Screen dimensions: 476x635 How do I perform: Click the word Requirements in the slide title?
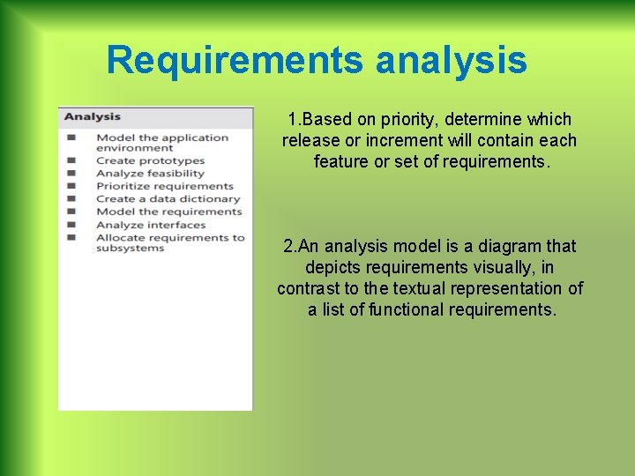point(235,61)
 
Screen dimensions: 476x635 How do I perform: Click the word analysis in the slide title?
point(451,61)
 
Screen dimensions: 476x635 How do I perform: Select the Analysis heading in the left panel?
point(92,116)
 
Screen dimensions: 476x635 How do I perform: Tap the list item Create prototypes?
point(150,161)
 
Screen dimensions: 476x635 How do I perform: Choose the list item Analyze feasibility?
point(150,174)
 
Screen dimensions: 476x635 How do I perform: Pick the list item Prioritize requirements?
point(164,186)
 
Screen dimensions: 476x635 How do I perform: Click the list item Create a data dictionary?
point(168,199)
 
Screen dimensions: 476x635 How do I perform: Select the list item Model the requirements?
point(168,212)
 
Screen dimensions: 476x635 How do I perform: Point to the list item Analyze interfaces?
point(150,225)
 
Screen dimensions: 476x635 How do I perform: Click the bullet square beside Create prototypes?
point(71,161)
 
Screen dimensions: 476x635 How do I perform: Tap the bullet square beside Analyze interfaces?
point(71,225)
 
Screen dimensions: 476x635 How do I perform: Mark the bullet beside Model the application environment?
point(71,138)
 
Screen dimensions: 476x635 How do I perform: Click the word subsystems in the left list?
point(130,249)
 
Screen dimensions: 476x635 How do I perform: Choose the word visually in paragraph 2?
point(512,267)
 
